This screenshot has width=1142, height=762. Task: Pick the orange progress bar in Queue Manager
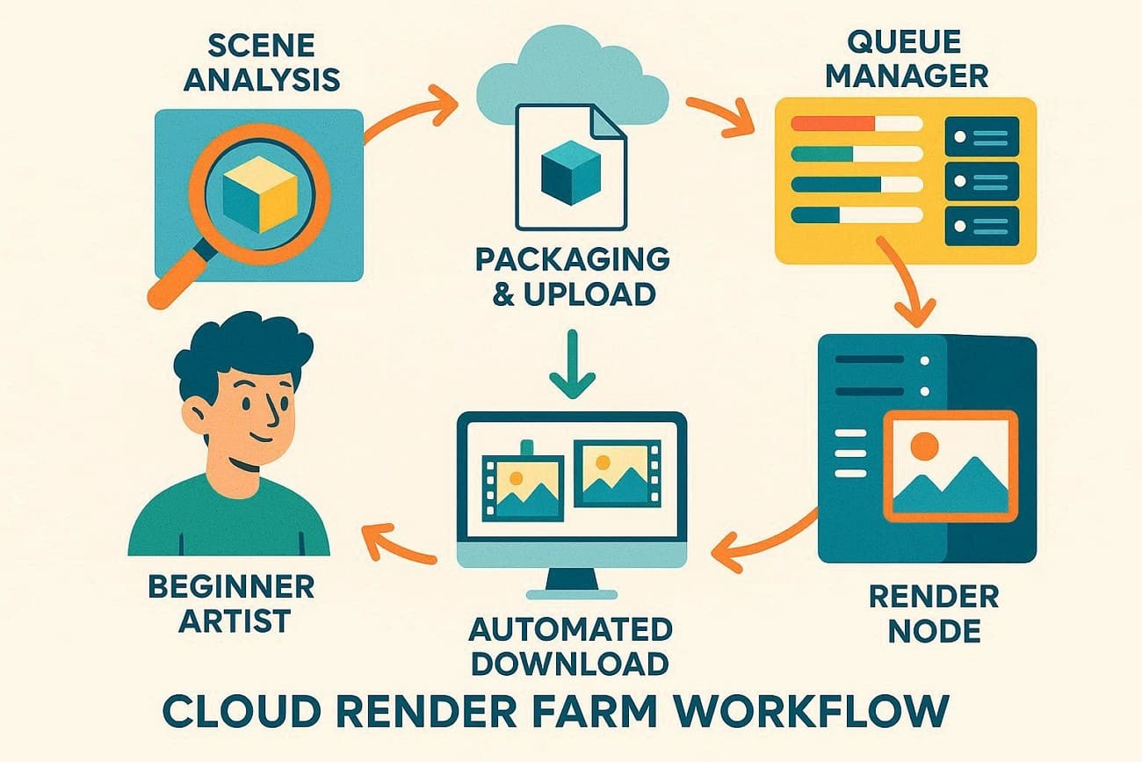tap(830, 124)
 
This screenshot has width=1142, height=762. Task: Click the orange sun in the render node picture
tap(923, 446)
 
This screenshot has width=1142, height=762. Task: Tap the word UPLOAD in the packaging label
tap(598, 294)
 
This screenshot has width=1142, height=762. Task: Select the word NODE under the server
tap(933, 631)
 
